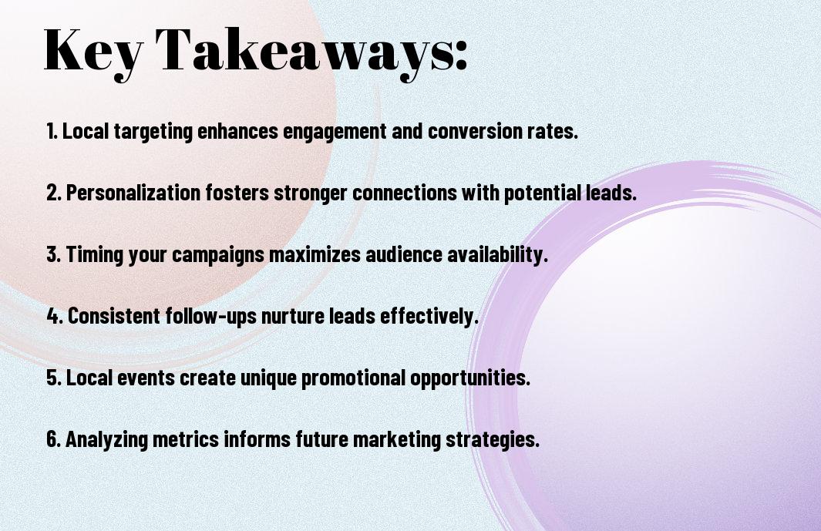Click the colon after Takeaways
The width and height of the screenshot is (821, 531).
point(461,55)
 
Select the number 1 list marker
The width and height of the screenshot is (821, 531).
point(52,131)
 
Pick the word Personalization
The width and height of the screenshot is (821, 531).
point(133,193)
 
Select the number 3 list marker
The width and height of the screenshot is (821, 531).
point(53,254)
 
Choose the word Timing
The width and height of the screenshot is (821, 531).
point(95,255)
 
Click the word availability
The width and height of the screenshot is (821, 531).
point(497,255)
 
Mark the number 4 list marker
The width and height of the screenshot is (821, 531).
point(55,316)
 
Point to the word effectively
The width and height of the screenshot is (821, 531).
point(429,317)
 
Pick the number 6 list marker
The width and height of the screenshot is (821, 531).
point(54,439)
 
